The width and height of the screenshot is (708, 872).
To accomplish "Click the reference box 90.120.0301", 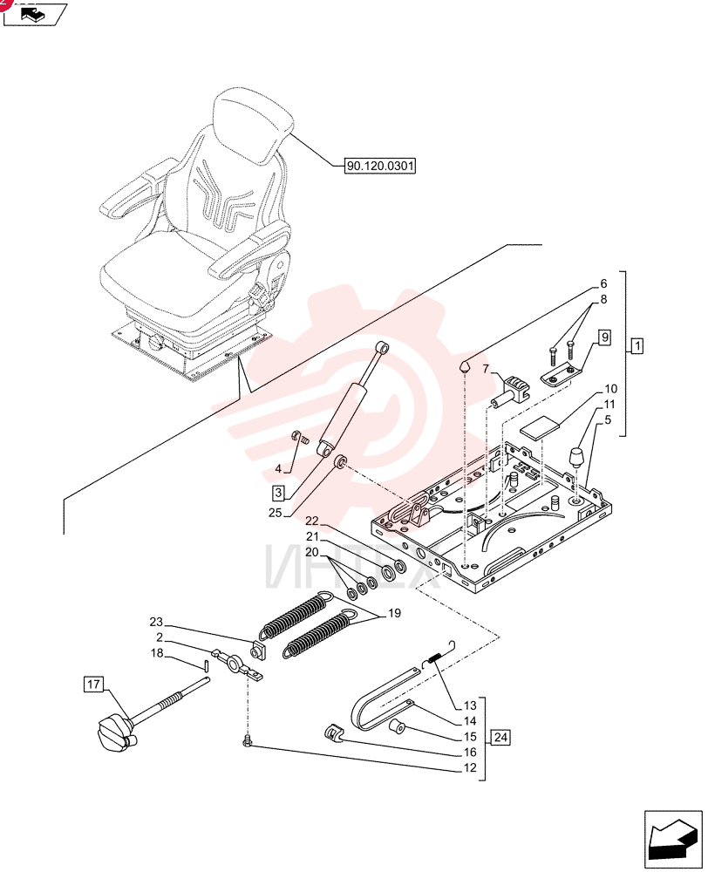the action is (380, 166).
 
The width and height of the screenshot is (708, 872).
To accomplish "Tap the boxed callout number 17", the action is (93, 684).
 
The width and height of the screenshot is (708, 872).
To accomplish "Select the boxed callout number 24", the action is (500, 738).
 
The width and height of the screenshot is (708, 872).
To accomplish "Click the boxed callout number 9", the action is (604, 337).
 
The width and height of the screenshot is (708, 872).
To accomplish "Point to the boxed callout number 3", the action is (279, 492).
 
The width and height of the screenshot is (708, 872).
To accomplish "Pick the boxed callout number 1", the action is (637, 346).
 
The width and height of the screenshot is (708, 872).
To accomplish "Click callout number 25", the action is (276, 513).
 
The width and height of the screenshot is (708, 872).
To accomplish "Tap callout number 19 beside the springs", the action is (394, 613).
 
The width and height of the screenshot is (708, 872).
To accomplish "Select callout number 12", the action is (470, 768).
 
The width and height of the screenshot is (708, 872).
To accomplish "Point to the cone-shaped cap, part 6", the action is (466, 366).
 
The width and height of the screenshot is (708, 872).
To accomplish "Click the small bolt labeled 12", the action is (248, 740).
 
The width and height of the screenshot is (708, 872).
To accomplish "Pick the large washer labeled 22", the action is (398, 569).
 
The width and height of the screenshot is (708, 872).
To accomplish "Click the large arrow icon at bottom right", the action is (672, 840).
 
